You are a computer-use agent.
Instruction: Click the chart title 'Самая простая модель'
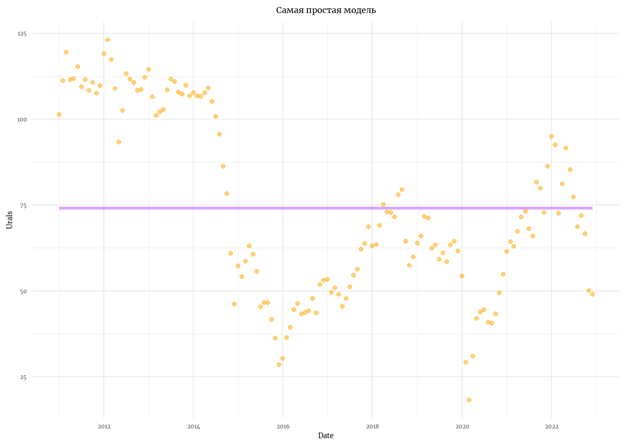tap(326, 10)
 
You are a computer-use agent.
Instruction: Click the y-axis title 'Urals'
tap(10, 220)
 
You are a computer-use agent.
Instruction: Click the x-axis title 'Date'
tap(326, 436)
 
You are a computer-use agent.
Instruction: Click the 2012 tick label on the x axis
tap(104, 427)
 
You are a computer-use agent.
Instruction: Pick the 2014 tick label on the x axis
tap(193, 427)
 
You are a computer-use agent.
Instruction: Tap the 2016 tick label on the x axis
tap(283, 427)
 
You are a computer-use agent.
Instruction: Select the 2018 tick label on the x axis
tap(372, 427)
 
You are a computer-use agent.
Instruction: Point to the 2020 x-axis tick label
tap(462, 427)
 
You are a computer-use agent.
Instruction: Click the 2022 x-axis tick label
tap(551, 427)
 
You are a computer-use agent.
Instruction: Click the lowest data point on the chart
tap(469, 400)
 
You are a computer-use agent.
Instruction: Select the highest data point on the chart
tap(108, 40)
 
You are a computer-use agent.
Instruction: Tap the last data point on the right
tap(592, 294)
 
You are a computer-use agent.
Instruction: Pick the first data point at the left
tap(59, 115)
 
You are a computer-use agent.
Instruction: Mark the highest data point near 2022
tap(551, 136)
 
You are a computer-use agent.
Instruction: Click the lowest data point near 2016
tap(279, 365)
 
